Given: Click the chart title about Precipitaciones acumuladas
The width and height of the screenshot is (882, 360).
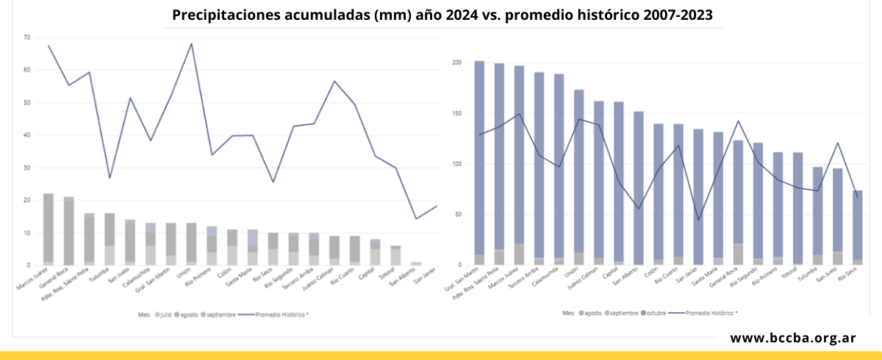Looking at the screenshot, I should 442,15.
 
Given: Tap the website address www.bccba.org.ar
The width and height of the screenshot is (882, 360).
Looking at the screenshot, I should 792,338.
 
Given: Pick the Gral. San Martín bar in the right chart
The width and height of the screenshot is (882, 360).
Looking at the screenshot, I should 479,163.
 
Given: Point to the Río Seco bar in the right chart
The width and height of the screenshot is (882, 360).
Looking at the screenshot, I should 857,228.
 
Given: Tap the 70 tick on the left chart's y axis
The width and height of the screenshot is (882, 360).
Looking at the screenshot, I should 27,37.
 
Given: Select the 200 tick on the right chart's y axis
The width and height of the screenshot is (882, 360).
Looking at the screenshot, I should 456,62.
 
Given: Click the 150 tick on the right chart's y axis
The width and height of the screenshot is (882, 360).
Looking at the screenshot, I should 456,113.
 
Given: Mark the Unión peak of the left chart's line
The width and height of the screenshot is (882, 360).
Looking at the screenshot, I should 192,43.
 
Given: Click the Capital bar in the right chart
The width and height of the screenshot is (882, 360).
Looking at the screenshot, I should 619,183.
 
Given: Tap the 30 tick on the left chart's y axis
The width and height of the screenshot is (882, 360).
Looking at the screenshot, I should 27,168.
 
